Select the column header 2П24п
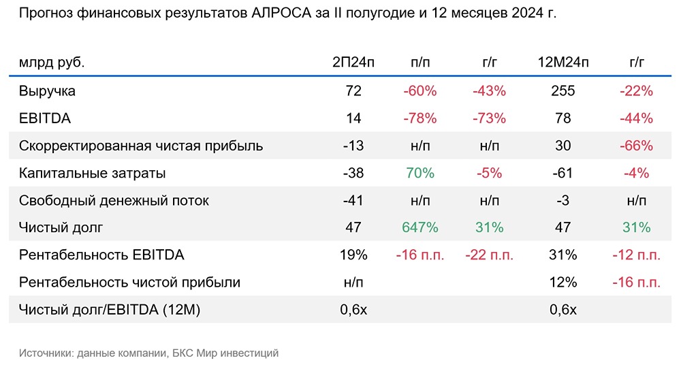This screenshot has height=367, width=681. pyautogui.click(x=353, y=63)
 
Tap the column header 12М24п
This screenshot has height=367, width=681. pyautogui.click(x=563, y=63)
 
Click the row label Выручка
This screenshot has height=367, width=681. pyautogui.click(x=47, y=91)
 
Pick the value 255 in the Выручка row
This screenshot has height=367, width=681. pyautogui.click(x=563, y=91)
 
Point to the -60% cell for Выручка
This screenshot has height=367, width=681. pyautogui.click(x=420, y=91)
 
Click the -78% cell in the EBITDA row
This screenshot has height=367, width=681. pyautogui.click(x=420, y=118)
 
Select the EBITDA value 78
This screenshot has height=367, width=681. pyautogui.click(x=563, y=118)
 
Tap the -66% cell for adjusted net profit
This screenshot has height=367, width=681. pyautogui.click(x=637, y=146)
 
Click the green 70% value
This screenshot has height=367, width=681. pyautogui.click(x=420, y=173)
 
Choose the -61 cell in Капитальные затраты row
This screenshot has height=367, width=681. pyautogui.click(x=563, y=173)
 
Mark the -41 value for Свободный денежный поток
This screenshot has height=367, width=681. pyautogui.click(x=353, y=201)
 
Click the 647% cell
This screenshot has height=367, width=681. pyautogui.click(x=420, y=228)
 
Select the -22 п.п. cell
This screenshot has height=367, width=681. pyautogui.click(x=490, y=255)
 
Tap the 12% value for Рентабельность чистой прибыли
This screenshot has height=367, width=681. pyautogui.click(x=563, y=283)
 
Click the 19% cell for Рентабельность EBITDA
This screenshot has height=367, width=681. pyautogui.click(x=353, y=255)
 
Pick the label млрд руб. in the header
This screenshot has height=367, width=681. pyautogui.click(x=52, y=63)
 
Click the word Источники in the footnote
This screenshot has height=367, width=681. pyautogui.click(x=46, y=353)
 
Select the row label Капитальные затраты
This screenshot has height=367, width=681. pyautogui.click(x=93, y=173)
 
